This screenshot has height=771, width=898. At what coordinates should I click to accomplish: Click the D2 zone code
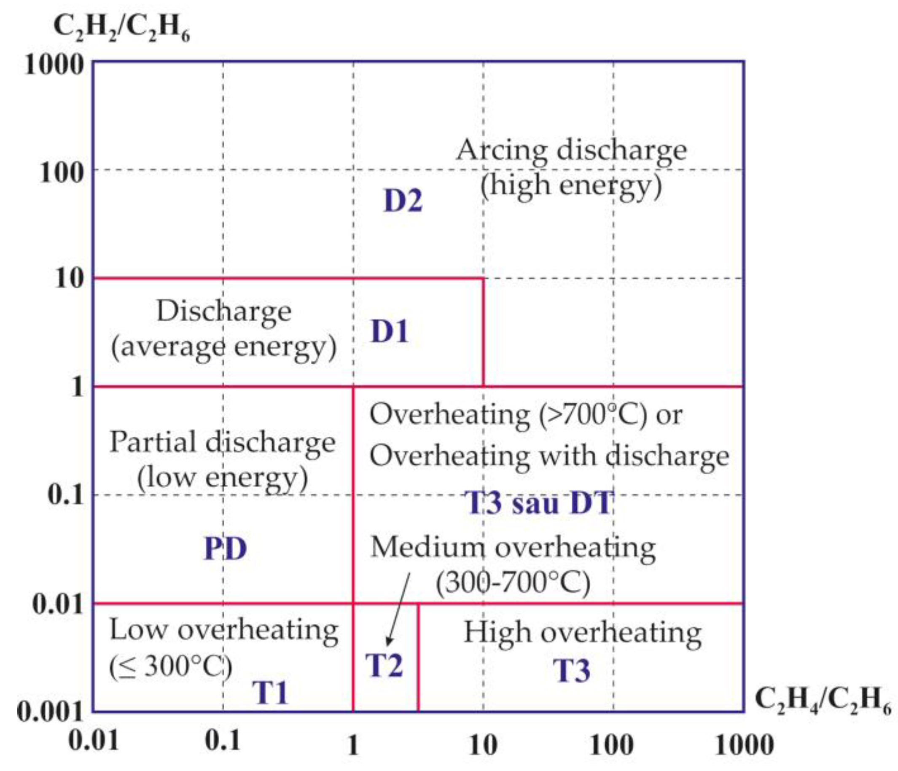pyautogui.click(x=403, y=201)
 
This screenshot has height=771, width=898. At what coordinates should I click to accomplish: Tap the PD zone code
pyautogui.click(x=226, y=549)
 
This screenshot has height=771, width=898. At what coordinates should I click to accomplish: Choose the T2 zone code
pyautogui.click(x=384, y=665)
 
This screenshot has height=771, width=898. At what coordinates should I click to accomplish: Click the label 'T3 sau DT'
pyautogui.click(x=539, y=503)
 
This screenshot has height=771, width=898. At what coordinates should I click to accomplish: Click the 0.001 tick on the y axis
pyautogui.click(x=50, y=712)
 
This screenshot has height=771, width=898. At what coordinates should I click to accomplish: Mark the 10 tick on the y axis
pyautogui.click(x=69, y=278)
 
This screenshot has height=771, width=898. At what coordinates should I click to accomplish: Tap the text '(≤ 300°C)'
pyautogui.click(x=170, y=666)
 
